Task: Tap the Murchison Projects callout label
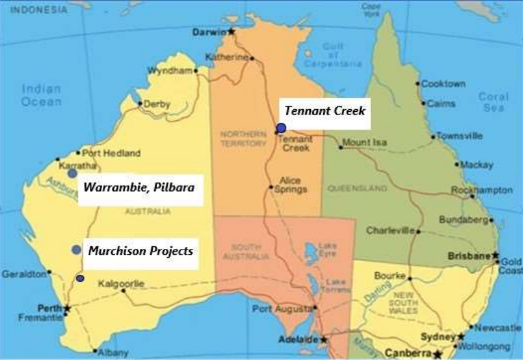[140, 251]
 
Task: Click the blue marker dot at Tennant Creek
[281, 128]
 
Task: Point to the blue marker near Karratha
[72, 173]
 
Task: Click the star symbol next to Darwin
[232, 31]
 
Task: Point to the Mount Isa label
[363, 143]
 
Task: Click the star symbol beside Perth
[67, 308]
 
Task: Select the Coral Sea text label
[492, 102]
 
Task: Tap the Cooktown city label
[443, 84]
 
